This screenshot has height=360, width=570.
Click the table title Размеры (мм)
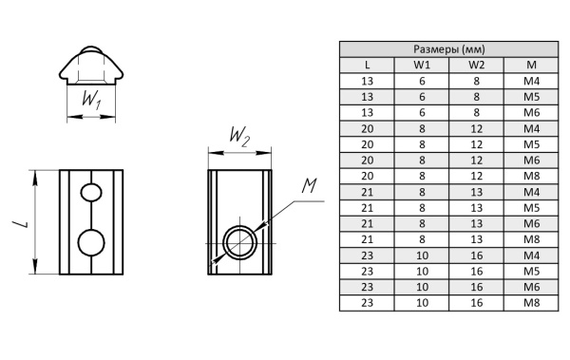[x=449, y=49]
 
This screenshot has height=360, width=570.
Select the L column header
[x=367, y=66]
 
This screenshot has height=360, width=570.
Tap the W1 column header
[x=422, y=66]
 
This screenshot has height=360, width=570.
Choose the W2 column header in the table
[x=477, y=66]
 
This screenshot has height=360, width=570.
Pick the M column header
[x=531, y=66]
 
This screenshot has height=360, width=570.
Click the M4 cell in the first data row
[x=531, y=81]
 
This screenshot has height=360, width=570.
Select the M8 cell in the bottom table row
[x=531, y=303]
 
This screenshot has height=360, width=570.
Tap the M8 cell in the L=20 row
[x=531, y=176]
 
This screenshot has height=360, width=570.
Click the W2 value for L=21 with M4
[x=477, y=192]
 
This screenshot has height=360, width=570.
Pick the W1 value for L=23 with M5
[x=422, y=272]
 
